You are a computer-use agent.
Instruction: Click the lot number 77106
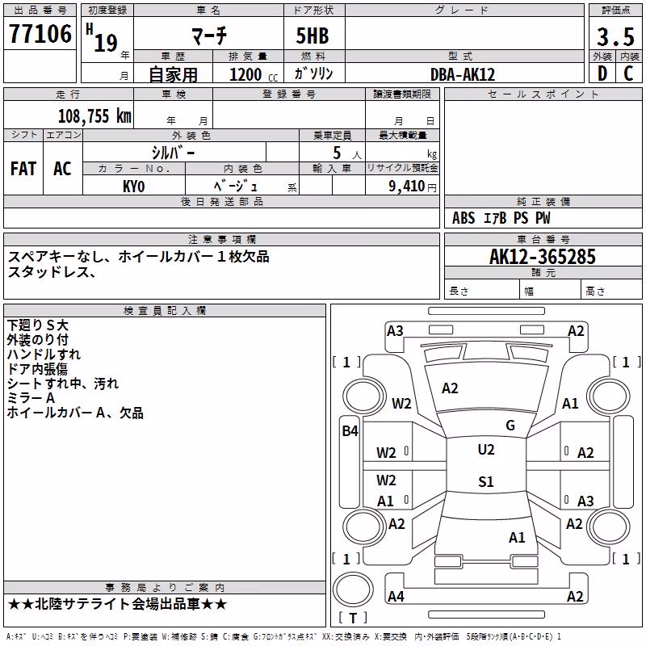pyautogui.click(x=40, y=33)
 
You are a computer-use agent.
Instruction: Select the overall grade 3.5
pyautogui.click(x=615, y=36)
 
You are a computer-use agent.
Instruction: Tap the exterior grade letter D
pyautogui.click(x=602, y=73)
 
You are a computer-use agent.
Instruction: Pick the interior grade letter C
pyautogui.click(x=628, y=73)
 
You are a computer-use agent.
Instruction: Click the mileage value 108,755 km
pyautogui.click(x=94, y=116)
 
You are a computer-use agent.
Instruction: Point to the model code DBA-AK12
pyautogui.click(x=462, y=74)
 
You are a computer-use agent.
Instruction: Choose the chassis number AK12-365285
pyautogui.click(x=542, y=257)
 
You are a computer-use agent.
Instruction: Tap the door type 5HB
pyautogui.click(x=313, y=36)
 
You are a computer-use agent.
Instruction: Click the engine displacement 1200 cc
pyautogui.click(x=254, y=75)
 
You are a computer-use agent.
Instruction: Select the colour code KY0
pyautogui.click(x=133, y=187)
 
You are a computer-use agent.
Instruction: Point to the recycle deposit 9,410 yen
pyautogui.click(x=413, y=187)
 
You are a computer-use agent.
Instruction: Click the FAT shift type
pyautogui.click(x=23, y=169)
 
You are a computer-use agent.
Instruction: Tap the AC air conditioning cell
pyautogui.click(x=62, y=169)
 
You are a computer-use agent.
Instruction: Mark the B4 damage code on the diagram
pyautogui.click(x=350, y=431)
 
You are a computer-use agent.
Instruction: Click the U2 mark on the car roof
pyautogui.click(x=486, y=450)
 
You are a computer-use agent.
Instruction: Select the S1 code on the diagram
pyautogui.click(x=486, y=481)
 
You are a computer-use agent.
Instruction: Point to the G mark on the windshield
pyautogui.click(x=510, y=426)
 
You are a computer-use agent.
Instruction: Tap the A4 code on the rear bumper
pyautogui.click(x=396, y=597)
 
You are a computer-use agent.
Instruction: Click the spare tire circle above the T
pyautogui.click(x=353, y=589)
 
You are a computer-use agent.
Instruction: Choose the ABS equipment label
pyautogui.click(x=464, y=218)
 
